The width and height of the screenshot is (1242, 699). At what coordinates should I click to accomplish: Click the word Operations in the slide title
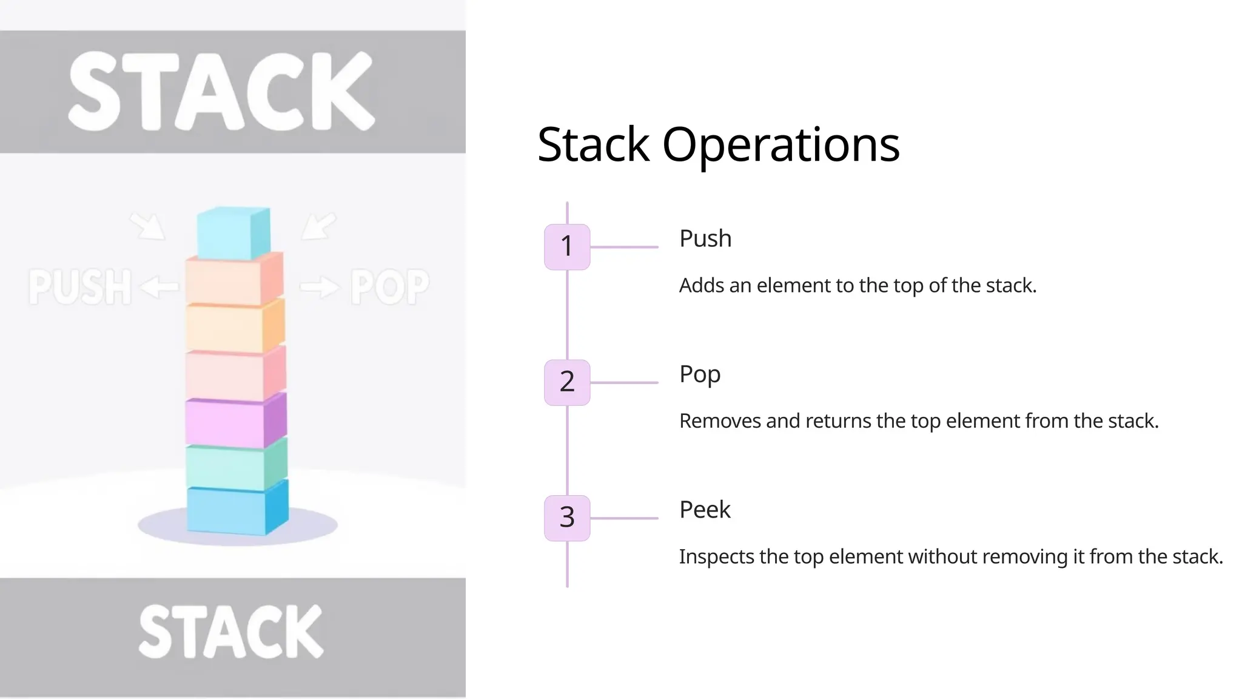tap(780, 146)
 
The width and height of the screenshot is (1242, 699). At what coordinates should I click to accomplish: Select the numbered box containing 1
tap(567, 246)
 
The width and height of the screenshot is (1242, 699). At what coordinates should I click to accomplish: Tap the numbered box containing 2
tap(567, 382)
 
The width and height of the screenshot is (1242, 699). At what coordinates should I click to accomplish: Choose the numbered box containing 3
tap(567, 518)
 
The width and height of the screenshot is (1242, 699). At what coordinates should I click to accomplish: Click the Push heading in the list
tap(705, 238)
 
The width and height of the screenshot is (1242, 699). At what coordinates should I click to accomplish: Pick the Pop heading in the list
tap(700, 374)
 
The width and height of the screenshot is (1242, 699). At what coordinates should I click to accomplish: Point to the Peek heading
tap(705, 510)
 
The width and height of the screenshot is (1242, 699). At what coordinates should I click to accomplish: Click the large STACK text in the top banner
tap(221, 92)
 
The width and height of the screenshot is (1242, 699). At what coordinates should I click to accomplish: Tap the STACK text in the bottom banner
tap(231, 632)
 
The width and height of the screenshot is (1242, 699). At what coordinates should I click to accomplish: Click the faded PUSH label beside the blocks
tap(80, 286)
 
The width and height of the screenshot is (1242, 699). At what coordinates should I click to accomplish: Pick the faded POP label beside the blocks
tap(390, 286)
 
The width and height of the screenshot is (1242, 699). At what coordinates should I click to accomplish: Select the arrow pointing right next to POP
tap(320, 286)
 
